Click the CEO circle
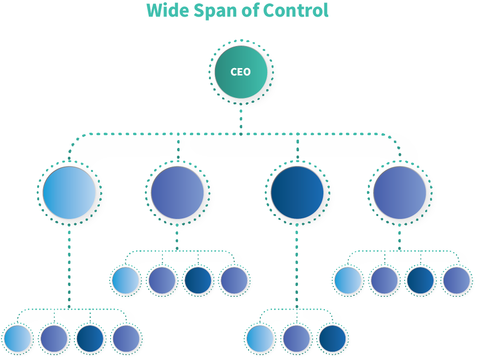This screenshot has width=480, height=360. (x=241, y=72)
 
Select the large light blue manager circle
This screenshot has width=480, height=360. (x=69, y=192)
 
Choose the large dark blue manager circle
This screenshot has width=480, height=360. (x=297, y=192)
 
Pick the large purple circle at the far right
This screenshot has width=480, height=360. (x=400, y=192)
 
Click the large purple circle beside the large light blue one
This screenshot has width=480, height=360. (x=177, y=192)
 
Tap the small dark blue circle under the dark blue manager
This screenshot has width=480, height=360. (x=332, y=338)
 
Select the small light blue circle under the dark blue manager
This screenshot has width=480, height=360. (x=260, y=338)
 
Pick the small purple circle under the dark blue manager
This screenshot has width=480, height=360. (x=296, y=338)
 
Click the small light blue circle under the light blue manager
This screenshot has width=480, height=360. (x=17, y=338)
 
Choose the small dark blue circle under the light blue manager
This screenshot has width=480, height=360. (x=90, y=338)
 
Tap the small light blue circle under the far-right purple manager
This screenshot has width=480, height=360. (x=348, y=281)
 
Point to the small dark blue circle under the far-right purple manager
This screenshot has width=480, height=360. (x=420, y=281)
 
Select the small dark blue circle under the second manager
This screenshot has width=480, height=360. (x=198, y=281)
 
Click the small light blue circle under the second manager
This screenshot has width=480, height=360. (x=125, y=281)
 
